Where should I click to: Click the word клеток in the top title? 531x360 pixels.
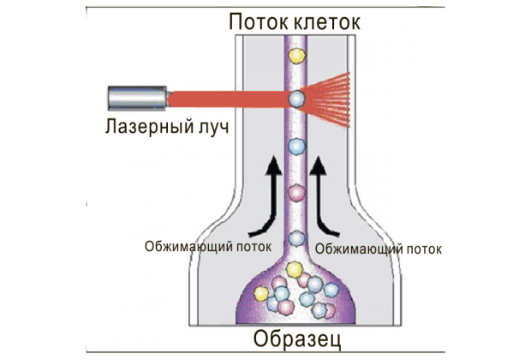tap(327, 22)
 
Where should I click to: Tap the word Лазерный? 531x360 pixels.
tap(149, 127)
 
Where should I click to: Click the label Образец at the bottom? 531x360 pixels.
tap(297, 339)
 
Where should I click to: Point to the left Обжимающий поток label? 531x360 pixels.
tap(208, 247)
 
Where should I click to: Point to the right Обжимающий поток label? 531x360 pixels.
tap(379, 249)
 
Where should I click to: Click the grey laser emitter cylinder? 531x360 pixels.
tap(137, 99)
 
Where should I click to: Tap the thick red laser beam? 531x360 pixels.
tap(229, 99)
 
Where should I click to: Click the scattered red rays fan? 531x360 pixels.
tap(327, 99)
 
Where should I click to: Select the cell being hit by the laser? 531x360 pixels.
tap(296, 99)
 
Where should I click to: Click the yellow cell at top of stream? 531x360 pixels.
tap(296, 55)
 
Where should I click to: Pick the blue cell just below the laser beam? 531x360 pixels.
tap(296, 147)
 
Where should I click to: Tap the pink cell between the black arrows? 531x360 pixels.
tap(296, 193)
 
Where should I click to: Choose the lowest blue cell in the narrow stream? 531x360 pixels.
tap(296, 238)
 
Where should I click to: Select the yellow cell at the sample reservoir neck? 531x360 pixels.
tap(294, 270)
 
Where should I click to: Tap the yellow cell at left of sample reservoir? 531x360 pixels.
tap(261, 293)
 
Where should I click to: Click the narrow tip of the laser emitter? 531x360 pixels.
tap(170, 99)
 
